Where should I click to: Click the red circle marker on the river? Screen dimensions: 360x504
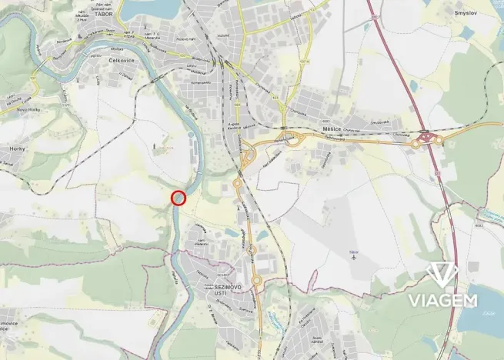point(179,198)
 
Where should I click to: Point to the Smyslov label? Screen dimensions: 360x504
point(466,13)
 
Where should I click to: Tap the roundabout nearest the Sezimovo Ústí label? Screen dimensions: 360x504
point(257,280)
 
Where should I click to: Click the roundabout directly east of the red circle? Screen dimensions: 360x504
point(237,184)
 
